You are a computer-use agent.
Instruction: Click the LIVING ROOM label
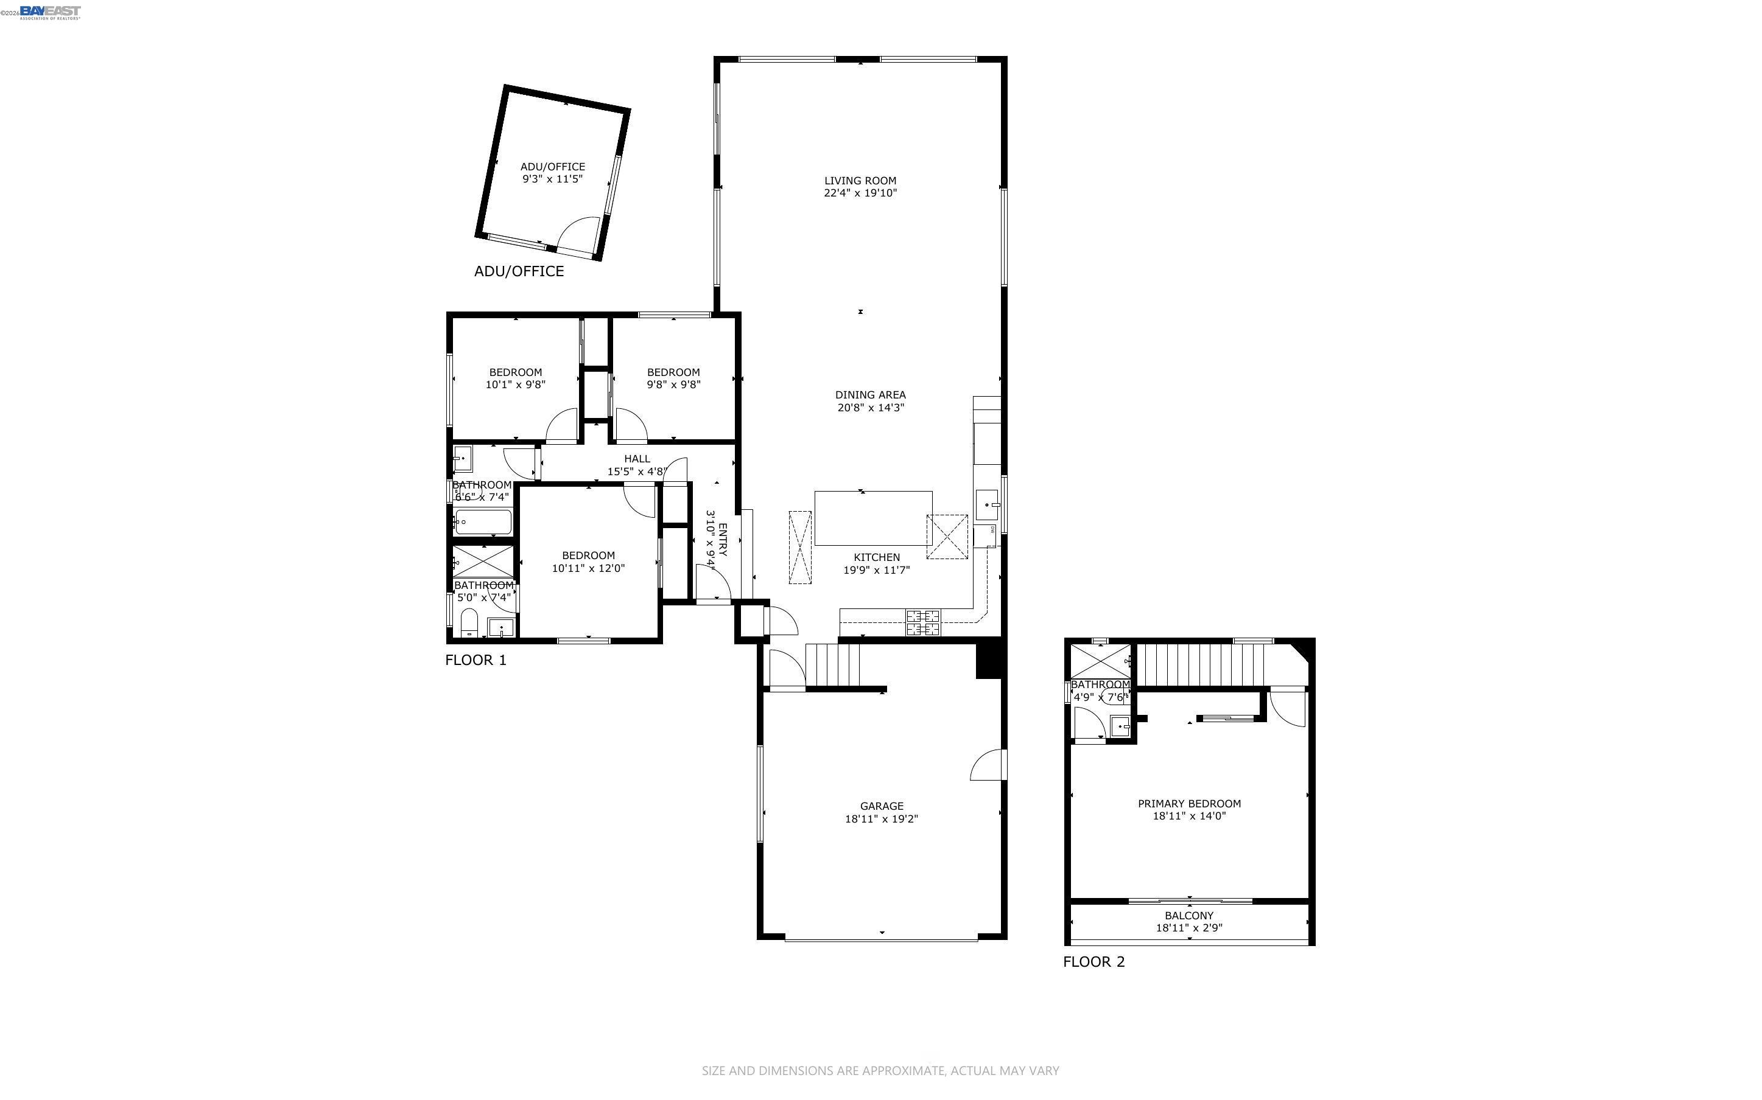coord(860,181)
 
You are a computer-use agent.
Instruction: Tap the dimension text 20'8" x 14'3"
coord(871,408)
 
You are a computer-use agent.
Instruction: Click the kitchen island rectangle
coord(872,518)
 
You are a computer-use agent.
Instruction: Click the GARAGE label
coord(882,806)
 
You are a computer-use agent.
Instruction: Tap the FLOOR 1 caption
coord(476,660)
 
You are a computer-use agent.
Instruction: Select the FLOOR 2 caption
coord(1093,962)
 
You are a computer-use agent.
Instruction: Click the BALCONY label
coord(1188,915)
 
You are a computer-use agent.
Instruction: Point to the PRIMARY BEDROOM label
coord(1188,803)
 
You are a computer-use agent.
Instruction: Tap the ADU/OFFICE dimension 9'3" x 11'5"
coord(552,179)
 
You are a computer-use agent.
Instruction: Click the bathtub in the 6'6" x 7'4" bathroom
coord(483,521)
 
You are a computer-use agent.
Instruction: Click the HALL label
coord(637,458)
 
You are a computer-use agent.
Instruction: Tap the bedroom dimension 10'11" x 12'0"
coord(588,568)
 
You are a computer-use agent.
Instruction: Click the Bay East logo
coord(49,12)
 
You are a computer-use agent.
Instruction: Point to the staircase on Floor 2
coord(1199,664)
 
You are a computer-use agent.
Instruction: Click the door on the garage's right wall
coord(988,765)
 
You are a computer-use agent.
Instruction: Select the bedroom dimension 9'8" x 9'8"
coord(673,384)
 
